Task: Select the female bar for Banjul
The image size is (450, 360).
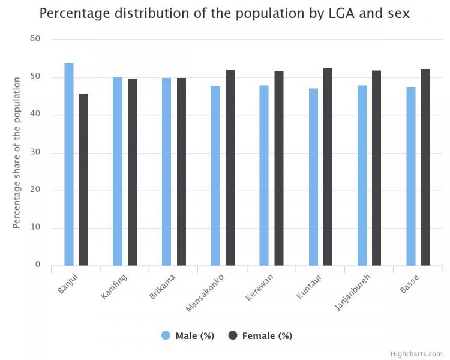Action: pos(83,179)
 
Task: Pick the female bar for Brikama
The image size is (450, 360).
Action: pos(181,172)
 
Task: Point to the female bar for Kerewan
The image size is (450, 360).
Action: pos(279,168)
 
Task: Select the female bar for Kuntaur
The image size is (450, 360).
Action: pos(328,167)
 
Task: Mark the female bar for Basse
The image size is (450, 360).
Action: pos(425,167)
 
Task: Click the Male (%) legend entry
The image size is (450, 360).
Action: pos(188,336)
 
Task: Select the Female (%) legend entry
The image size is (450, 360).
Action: pos(260,336)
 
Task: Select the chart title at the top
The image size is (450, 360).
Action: pos(225,13)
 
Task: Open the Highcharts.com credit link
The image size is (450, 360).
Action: pos(416,354)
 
